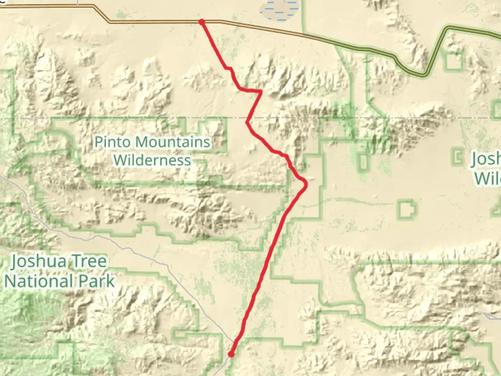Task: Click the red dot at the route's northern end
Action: point(201,22)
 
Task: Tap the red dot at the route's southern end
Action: point(231,354)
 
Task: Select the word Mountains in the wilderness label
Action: point(173,142)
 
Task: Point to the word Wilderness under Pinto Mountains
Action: point(152,160)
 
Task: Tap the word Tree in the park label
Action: point(90,261)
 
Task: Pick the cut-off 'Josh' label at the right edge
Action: point(486,159)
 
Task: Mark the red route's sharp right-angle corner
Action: point(261,91)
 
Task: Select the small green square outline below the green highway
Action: point(454,62)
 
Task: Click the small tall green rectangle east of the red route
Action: point(364,162)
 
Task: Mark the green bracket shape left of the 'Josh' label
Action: point(457,156)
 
